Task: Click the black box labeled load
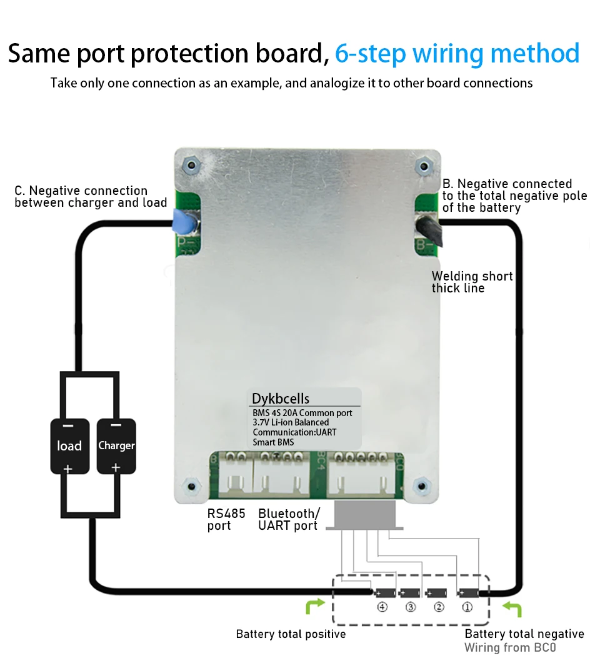(69, 445)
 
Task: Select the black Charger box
(116, 445)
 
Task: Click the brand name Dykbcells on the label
(280, 399)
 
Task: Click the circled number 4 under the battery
(382, 607)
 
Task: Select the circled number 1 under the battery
(467, 607)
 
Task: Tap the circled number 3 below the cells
(410, 607)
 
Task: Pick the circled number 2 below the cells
(439, 607)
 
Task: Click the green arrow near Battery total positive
(315, 605)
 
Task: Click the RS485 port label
(226, 519)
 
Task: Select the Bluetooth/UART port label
(289, 519)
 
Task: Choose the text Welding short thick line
(472, 282)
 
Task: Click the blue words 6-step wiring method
(457, 54)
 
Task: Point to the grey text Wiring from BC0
(509, 648)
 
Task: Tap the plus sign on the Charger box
(116, 467)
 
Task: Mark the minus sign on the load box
(69, 425)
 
